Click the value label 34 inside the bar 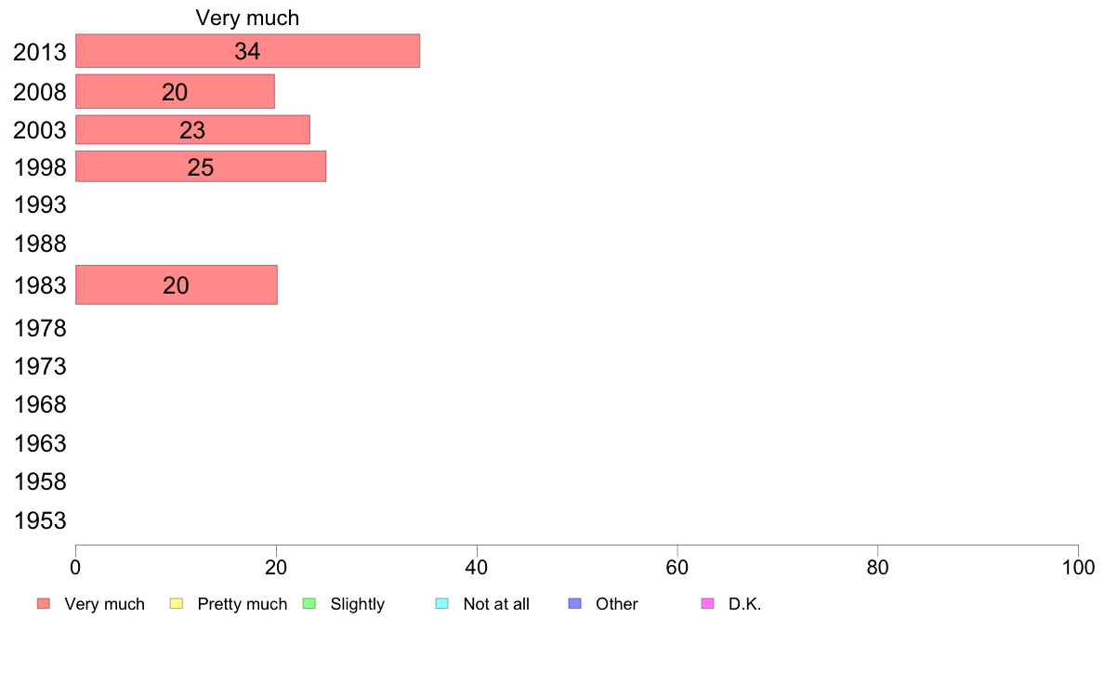247,51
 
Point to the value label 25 201,167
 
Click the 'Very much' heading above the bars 247,18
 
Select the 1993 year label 40,204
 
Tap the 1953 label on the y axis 40,520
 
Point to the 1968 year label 40,405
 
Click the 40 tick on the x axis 477,567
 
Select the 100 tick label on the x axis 1078,567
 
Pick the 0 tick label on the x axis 75,567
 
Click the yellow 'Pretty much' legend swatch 177,604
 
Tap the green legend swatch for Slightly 309,604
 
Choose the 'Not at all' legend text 496,604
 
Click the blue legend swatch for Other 574,604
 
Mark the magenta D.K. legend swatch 707,604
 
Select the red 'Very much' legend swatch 44,604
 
